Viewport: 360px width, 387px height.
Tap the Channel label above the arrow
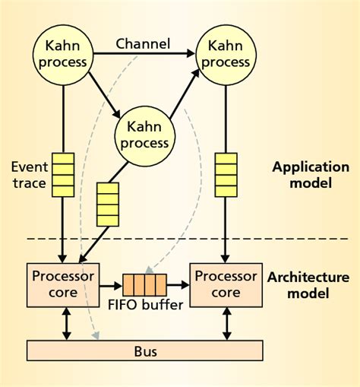(x=144, y=43)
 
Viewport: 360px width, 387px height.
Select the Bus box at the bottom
(x=144, y=351)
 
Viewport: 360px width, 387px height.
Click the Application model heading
(x=310, y=176)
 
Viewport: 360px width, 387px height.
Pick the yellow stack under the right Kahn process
(x=226, y=174)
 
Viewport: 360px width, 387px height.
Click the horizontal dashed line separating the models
(x=182, y=240)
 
